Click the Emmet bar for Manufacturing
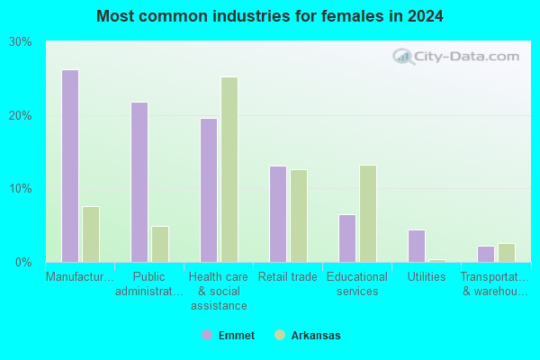coord(70,166)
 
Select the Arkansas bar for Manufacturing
coord(91,235)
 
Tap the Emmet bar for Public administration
coord(139,182)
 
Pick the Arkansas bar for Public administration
coord(160,244)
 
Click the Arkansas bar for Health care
coord(229,170)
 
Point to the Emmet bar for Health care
coord(209,191)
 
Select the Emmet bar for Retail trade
coord(278,214)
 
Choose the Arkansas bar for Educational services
coord(368,214)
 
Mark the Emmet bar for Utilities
coord(417,247)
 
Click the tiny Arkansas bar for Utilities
coord(437,261)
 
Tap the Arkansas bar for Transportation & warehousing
coord(507,253)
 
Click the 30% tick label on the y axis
coord(21,42)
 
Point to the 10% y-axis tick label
coord(21,189)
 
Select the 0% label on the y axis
coord(23,263)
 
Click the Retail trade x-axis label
coord(288,276)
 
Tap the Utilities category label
coord(427,276)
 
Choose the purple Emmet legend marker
coord(207,335)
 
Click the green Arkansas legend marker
coord(280,335)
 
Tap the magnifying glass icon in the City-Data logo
coord(403,57)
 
